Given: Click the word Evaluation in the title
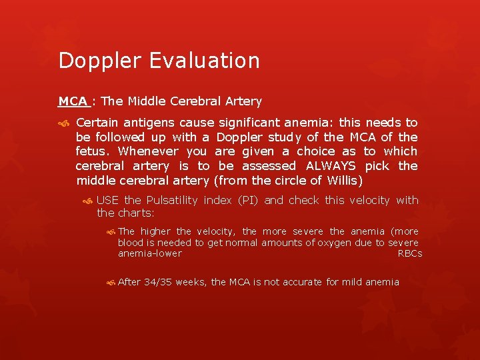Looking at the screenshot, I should click(x=205, y=61).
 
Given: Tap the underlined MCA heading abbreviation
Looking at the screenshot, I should click(x=73, y=101).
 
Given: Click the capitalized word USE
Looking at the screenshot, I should click(x=108, y=200).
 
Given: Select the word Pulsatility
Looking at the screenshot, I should click(x=171, y=200).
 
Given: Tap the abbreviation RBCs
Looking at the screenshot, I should click(x=409, y=253).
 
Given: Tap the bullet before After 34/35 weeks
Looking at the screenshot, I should click(x=110, y=283).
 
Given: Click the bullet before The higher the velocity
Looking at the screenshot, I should click(x=110, y=232).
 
